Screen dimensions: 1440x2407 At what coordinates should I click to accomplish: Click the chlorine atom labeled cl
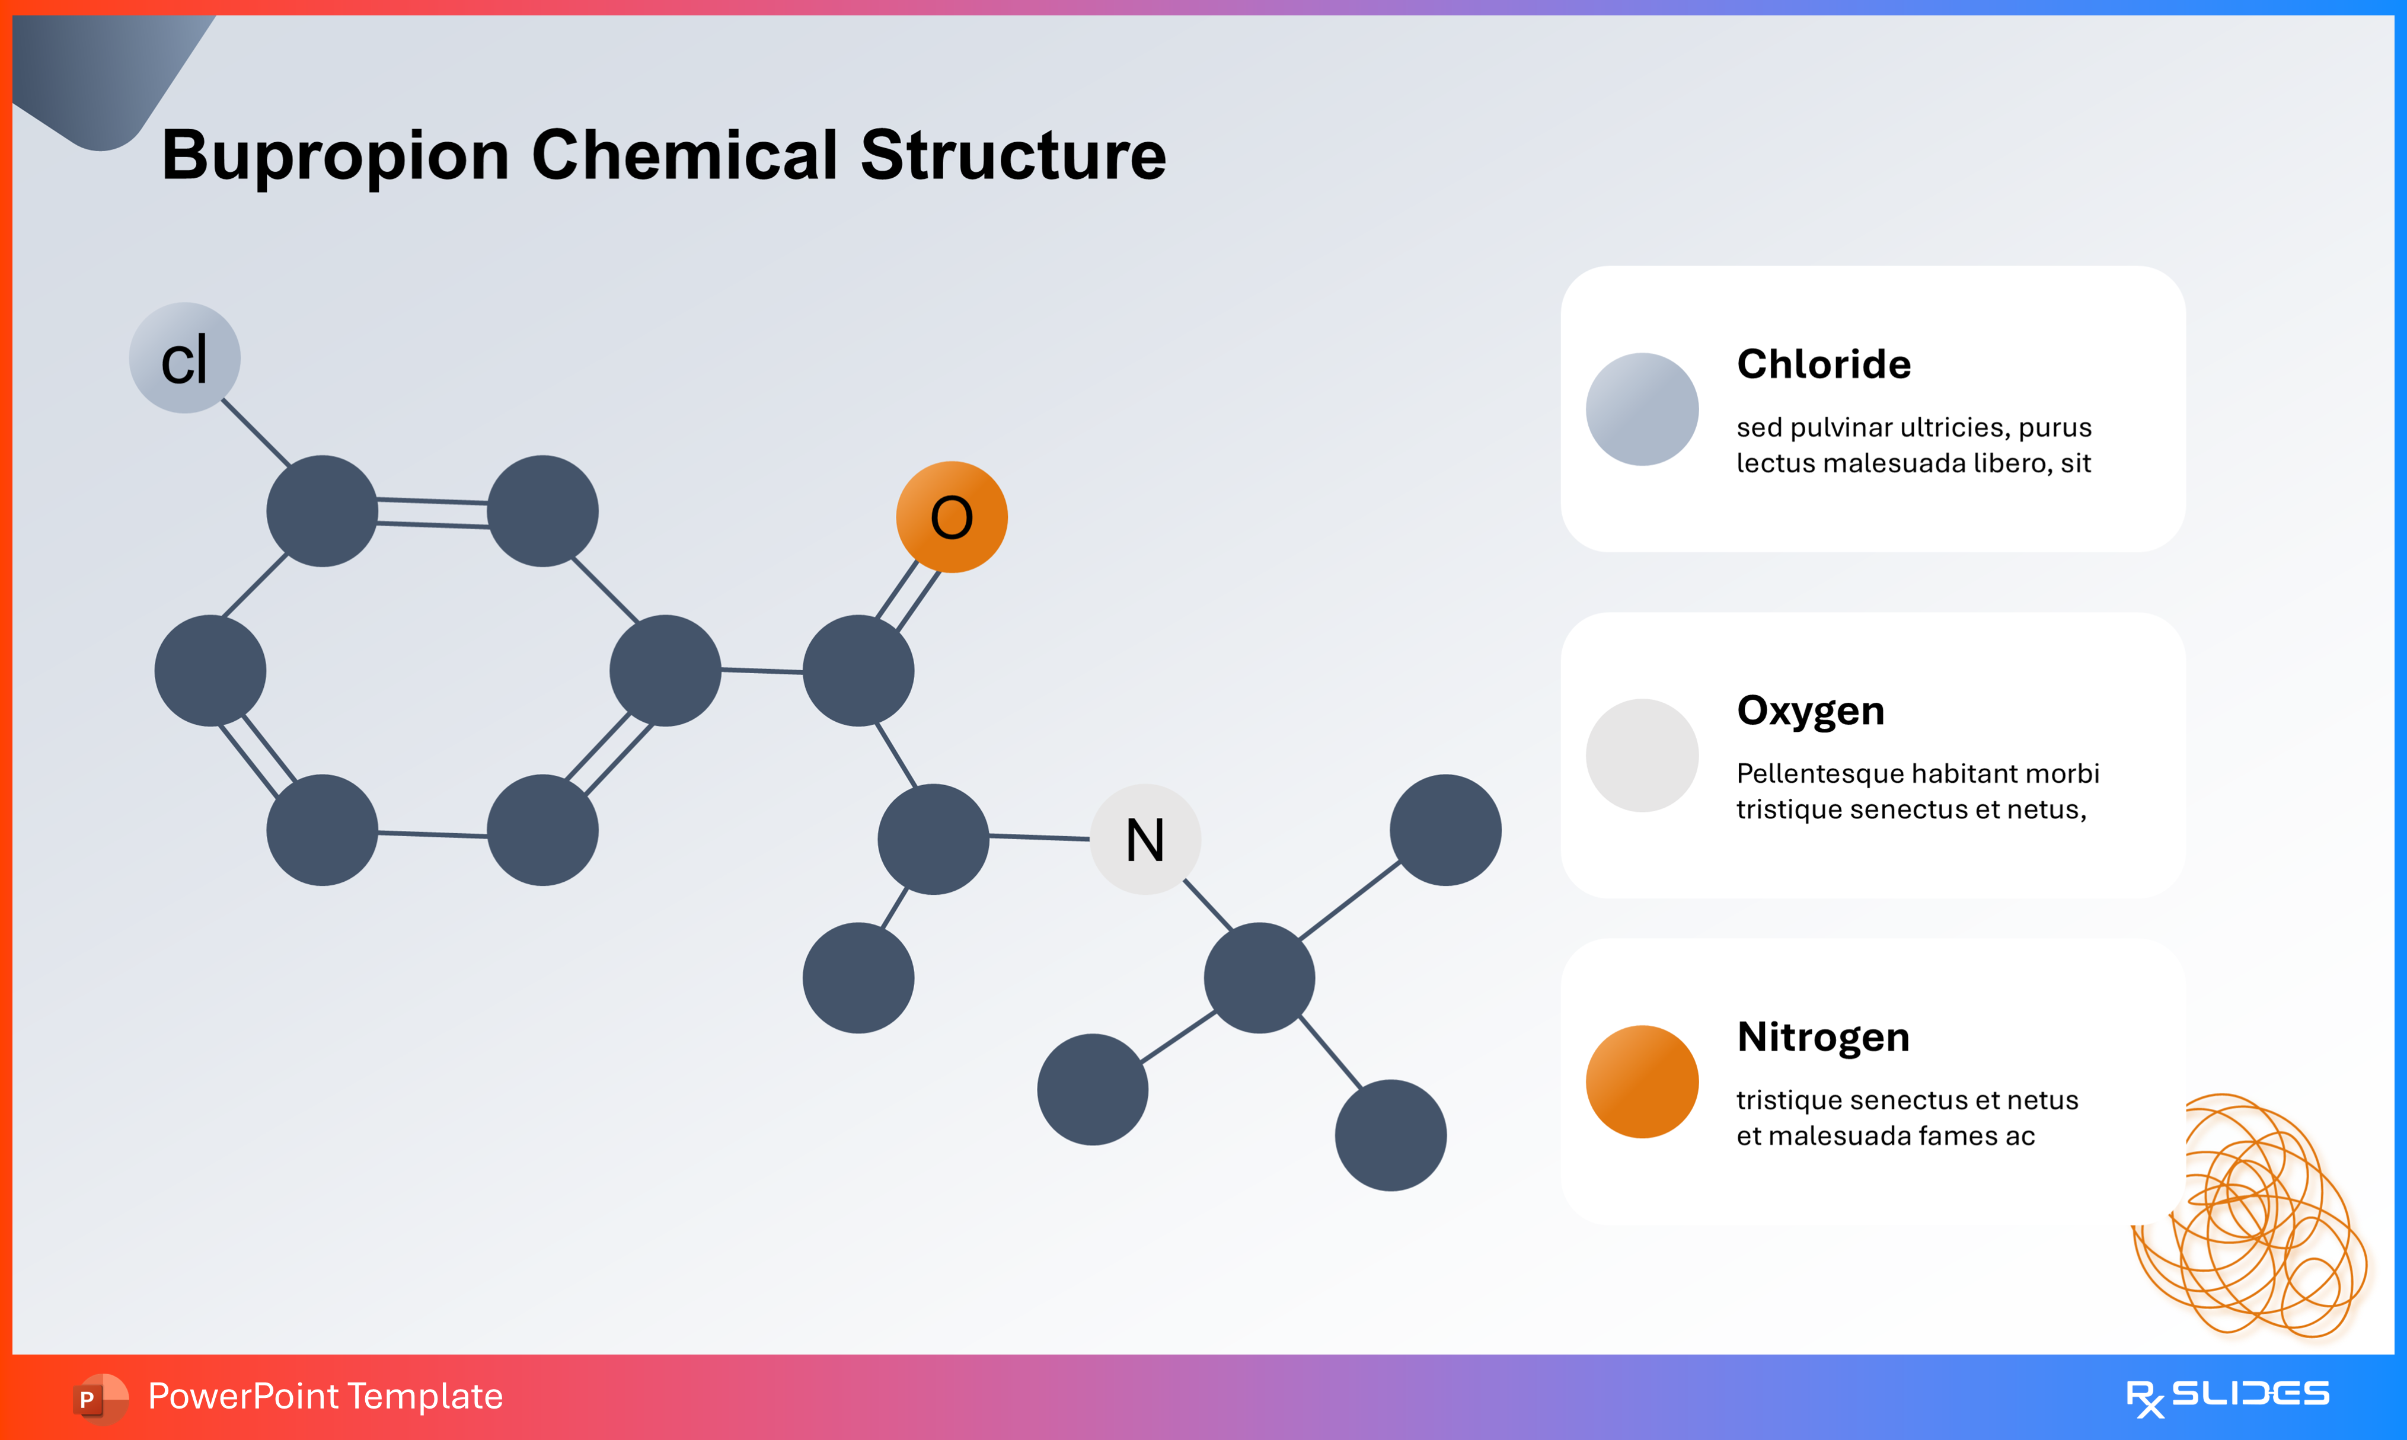(x=184, y=358)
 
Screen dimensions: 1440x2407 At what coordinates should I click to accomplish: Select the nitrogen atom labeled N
(x=1145, y=839)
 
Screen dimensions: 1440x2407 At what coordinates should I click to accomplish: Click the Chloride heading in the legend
(x=1822, y=364)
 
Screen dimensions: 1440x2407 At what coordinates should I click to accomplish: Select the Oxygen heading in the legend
(x=1810, y=711)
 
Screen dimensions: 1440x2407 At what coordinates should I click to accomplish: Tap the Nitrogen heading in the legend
(x=1822, y=1036)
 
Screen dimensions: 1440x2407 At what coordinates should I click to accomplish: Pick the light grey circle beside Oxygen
(x=1641, y=755)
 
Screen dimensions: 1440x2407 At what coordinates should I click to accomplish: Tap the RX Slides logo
(x=2227, y=1396)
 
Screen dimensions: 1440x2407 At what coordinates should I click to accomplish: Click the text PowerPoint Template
(x=325, y=1396)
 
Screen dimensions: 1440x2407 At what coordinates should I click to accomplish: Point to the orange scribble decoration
(x=2252, y=1223)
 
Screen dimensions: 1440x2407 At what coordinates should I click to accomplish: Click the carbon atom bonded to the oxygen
(x=858, y=670)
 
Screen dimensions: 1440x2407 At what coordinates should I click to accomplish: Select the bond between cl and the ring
(x=256, y=433)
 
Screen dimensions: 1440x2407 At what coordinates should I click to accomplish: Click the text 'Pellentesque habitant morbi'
(x=1917, y=773)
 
